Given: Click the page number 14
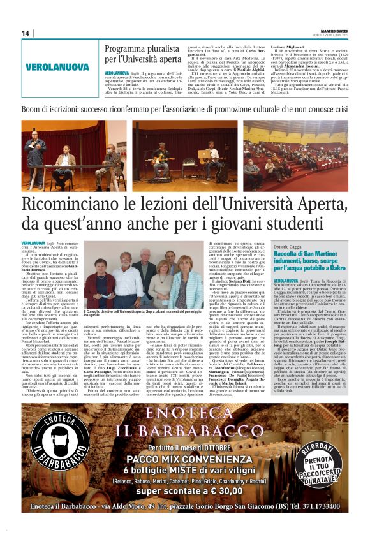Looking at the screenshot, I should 26,33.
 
